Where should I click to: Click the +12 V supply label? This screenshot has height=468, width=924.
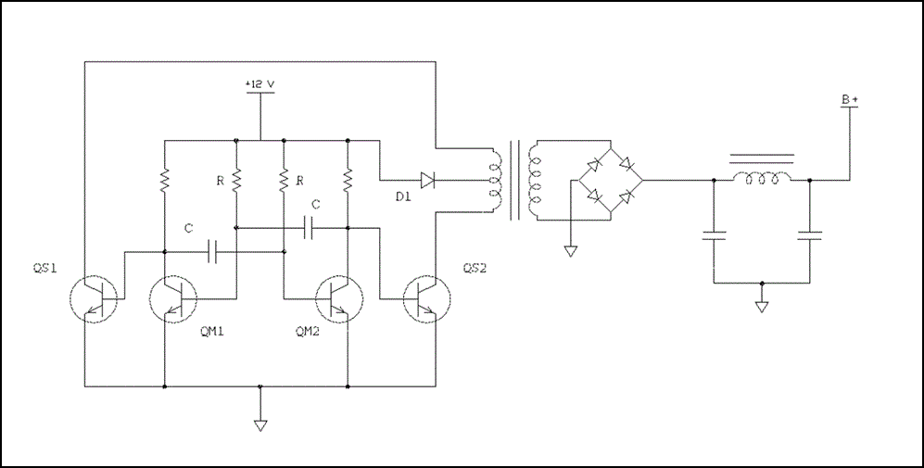(260, 84)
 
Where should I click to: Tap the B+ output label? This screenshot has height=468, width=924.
(849, 99)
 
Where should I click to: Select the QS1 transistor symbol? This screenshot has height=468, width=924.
(95, 298)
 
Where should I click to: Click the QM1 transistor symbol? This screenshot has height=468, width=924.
(173, 298)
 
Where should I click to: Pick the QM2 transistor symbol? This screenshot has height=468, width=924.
(339, 298)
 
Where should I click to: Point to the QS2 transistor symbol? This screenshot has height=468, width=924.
(427, 298)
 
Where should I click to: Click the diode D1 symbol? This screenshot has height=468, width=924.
(427, 179)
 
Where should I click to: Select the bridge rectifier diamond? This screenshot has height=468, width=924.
(607, 181)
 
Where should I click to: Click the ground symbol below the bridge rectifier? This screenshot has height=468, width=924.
(572, 250)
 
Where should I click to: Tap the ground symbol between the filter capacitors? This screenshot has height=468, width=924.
(762, 305)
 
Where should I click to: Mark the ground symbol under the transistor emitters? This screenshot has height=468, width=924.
(260, 424)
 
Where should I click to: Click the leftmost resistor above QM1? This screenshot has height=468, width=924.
(164, 179)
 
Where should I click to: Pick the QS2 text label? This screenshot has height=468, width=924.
(476, 269)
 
